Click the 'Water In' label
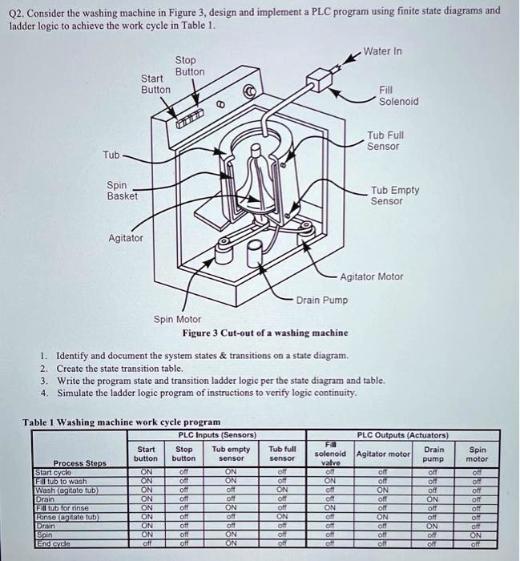(x=382, y=51)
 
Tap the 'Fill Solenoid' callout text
(x=398, y=96)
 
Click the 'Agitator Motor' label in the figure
(x=372, y=276)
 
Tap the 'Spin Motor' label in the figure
(x=178, y=319)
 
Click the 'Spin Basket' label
(x=123, y=190)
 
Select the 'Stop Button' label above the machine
(x=190, y=66)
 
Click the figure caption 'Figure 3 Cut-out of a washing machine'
(x=264, y=333)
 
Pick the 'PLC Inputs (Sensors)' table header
(x=217, y=435)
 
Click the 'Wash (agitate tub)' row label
(x=67, y=489)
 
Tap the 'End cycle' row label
(x=53, y=543)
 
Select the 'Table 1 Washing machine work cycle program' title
(x=121, y=422)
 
